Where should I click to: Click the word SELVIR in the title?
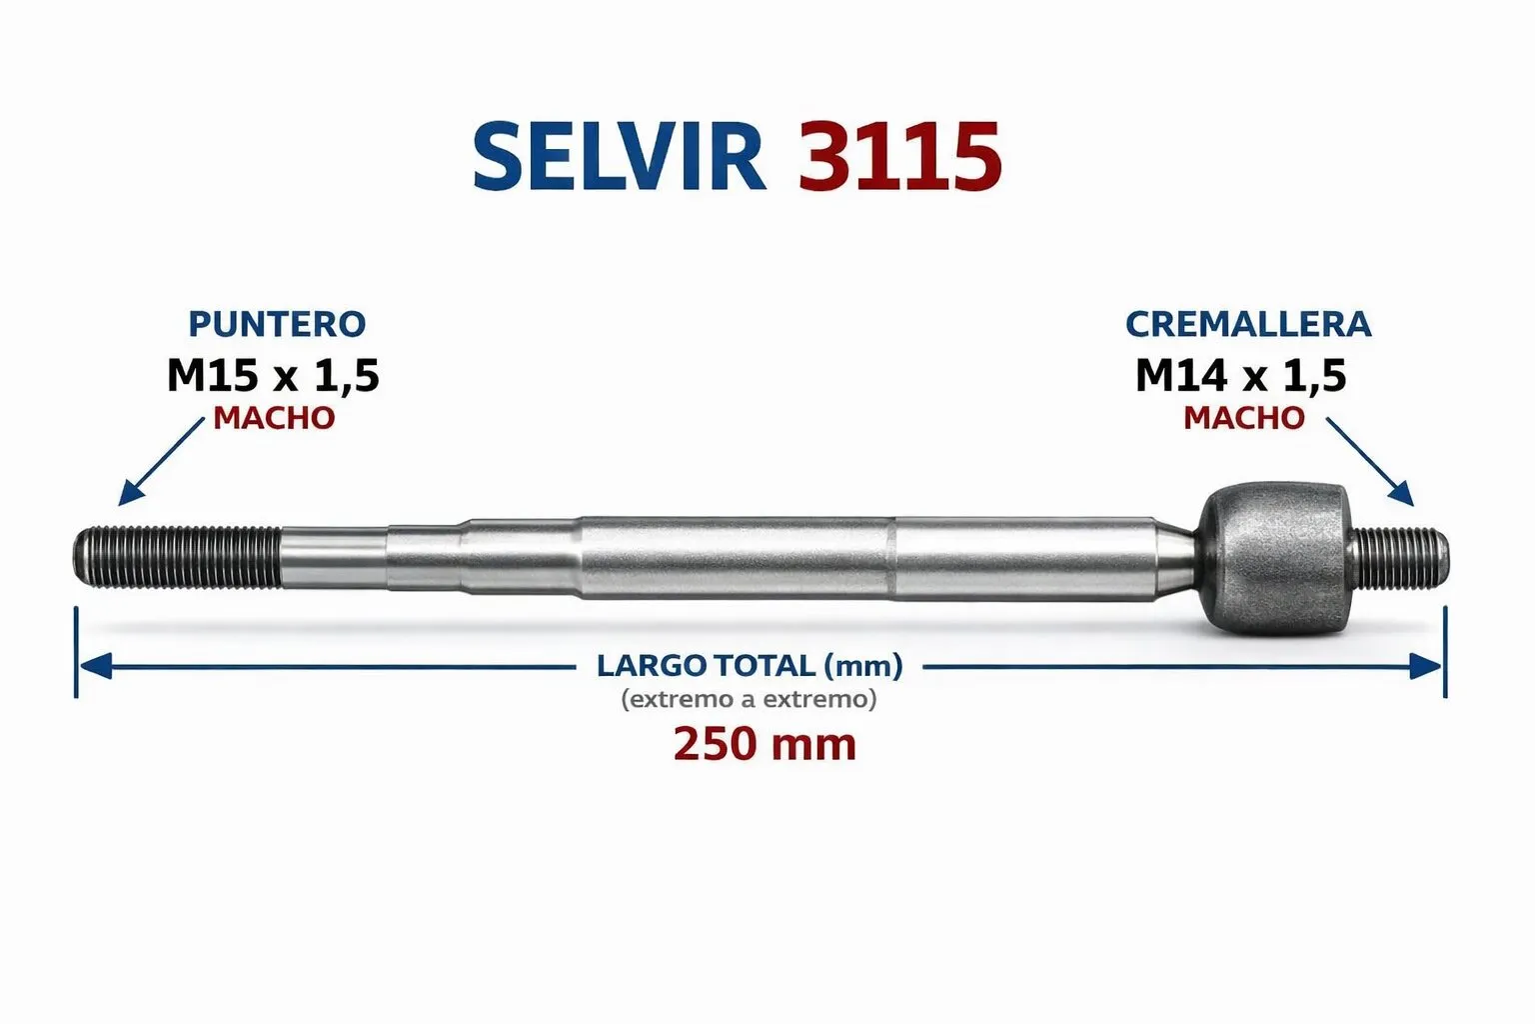tap(619, 157)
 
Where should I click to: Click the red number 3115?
tap(899, 157)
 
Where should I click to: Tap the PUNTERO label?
tap(277, 324)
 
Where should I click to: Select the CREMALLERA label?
tap(1248, 324)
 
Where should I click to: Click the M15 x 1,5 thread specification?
tap(274, 376)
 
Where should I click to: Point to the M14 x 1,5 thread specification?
tap(1241, 376)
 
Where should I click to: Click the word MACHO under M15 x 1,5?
tap(274, 418)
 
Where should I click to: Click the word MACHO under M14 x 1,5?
tap(1244, 418)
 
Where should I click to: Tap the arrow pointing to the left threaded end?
tap(162, 462)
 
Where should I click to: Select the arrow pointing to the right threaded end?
tap(1369, 462)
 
